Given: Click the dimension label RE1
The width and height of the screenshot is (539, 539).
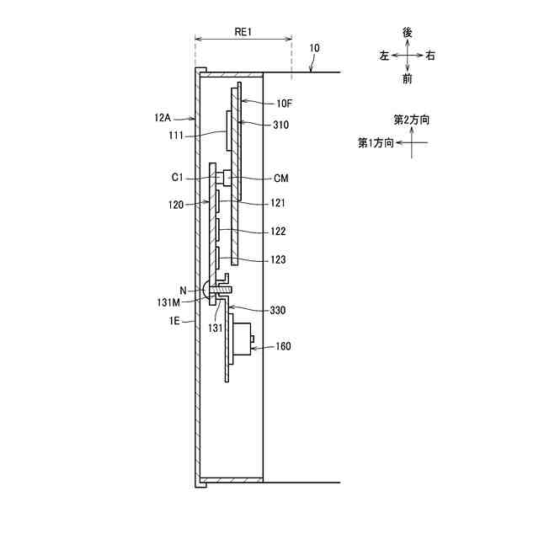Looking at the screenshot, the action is click(243, 32).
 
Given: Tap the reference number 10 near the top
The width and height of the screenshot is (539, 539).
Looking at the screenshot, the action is click(314, 48).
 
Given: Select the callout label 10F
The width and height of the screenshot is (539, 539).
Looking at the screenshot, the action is click(285, 103).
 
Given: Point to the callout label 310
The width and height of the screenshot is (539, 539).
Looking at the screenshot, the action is click(280, 125).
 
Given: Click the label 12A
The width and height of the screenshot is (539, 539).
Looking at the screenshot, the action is click(163, 118).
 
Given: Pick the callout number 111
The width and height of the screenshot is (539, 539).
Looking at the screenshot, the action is click(176, 136).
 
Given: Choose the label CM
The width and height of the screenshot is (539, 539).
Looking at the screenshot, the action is click(281, 178).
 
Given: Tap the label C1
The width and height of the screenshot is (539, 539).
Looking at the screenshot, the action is click(177, 178).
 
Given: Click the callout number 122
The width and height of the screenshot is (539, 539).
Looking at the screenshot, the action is click(278, 232).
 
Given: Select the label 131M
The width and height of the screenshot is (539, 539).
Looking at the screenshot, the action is click(168, 302).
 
